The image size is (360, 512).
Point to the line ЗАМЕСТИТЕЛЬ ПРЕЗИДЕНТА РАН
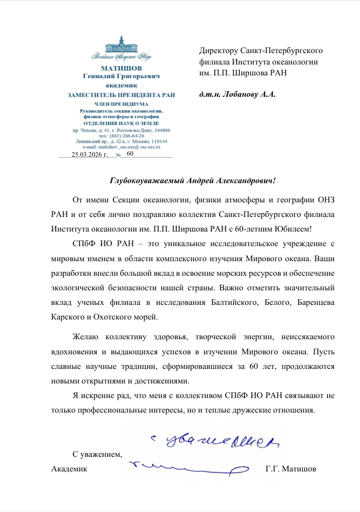121,95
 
